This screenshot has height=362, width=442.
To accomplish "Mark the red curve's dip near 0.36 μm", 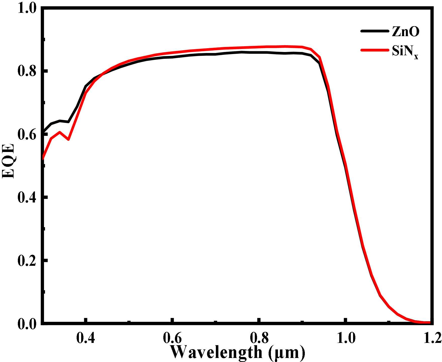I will pyautogui.click(x=68, y=139).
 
